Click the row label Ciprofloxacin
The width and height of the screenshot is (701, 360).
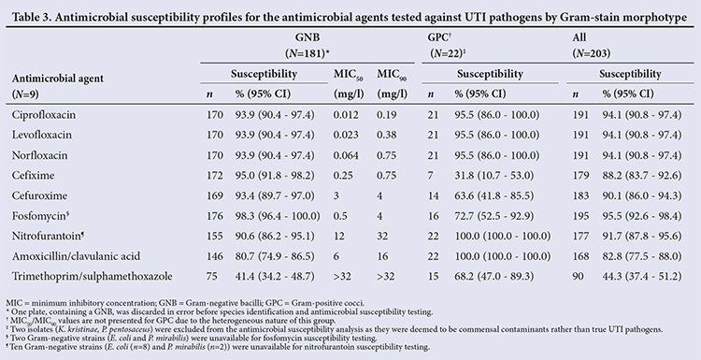[44, 115]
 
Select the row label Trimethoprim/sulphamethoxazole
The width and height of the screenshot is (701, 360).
[93, 277]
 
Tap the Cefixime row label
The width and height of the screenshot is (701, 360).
[33, 176]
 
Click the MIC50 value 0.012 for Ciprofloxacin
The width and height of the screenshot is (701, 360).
[346, 115]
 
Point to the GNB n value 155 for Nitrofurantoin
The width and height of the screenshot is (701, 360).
[215, 236]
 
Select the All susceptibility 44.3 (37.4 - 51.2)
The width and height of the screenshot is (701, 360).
[642, 277]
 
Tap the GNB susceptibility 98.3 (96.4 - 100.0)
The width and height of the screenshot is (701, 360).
[278, 216]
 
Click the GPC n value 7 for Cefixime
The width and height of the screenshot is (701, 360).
[430, 176]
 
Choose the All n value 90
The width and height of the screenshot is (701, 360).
[579, 277]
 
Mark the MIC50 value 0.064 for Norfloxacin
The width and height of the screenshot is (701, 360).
[346, 155]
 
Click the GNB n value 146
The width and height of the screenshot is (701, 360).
[215, 256]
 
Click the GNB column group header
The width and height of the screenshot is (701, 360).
[308, 37]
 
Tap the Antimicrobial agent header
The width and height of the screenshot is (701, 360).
[58, 79]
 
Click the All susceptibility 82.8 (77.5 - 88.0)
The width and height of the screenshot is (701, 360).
[642, 256]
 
